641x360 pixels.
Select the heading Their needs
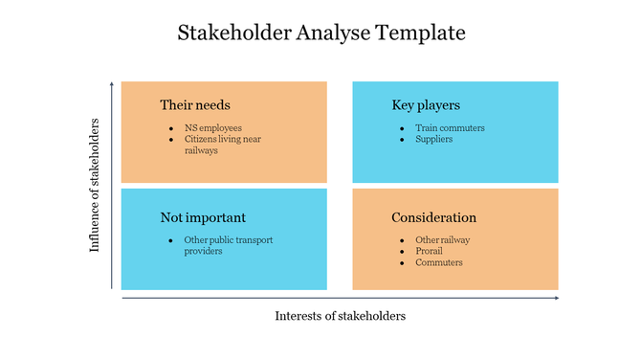pyautogui.click(x=195, y=104)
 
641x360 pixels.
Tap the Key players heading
pyautogui.click(x=426, y=104)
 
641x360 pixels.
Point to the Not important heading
pyautogui.click(x=203, y=217)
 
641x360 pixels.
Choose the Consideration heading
pyautogui.click(x=433, y=217)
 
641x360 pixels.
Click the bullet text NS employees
pyautogui.click(x=213, y=127)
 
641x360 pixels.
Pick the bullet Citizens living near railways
pyautogui.click(x=222, y=145)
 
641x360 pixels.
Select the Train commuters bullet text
pyautogui.click(x=450, y=127)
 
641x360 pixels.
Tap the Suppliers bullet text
pyautogui.click(x=433, y=139)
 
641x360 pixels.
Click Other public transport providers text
pyautogui.click(x=228, y=245)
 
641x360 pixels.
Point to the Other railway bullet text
pyautogui.click(x=442, y=240)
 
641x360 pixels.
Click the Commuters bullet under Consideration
pyautogui.click(x=438, y=262)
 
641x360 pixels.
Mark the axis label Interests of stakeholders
pyautogui.click(x=340, y=316)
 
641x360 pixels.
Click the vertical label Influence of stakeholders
pyautogui.click(x=95, y=185)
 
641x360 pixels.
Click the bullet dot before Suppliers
pyautogui.click(x=403, y=140)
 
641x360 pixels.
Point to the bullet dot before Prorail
pyautogui.click(x=403, y=252)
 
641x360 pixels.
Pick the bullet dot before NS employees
pyautogui.click(x=172, y=128)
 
